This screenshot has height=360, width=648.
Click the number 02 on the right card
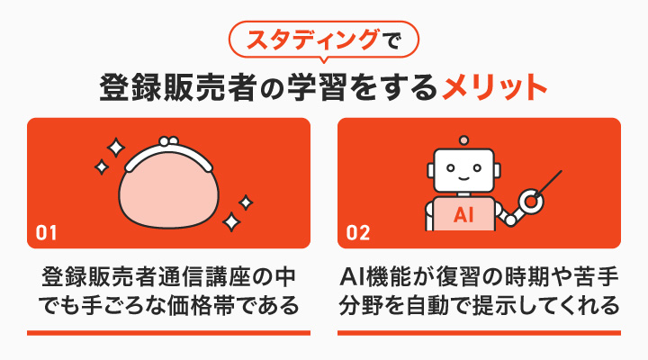(x=358, y=232)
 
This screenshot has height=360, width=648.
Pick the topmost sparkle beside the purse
(x=114, y=145)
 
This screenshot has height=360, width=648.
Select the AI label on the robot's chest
(x=463, y=216)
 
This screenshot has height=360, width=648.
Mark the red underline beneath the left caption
(x=168, y=333)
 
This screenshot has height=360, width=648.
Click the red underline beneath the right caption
(x=479, y=333)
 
